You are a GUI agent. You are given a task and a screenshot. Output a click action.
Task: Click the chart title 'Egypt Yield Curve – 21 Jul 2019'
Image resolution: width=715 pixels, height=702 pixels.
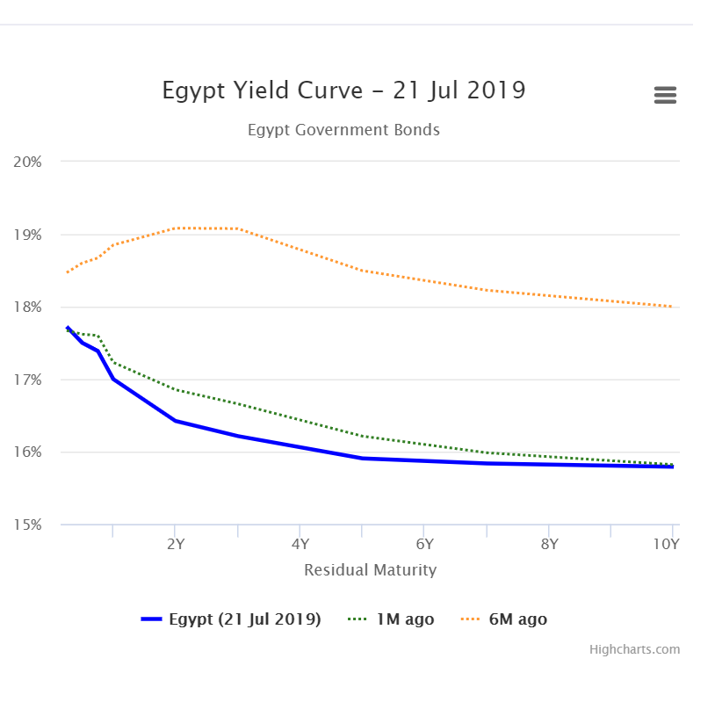point(343,90)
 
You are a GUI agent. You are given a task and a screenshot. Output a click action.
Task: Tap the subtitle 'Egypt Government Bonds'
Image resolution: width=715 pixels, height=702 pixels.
point(343,130)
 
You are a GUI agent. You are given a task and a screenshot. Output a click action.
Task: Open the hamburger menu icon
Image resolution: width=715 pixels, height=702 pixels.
point(665,96)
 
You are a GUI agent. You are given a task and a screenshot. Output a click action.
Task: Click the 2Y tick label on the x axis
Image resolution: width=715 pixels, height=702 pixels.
point(175,543)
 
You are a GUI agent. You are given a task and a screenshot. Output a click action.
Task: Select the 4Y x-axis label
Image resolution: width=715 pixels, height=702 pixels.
point(300,543)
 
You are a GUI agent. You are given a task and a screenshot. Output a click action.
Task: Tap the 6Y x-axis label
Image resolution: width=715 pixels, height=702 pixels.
point(423,543)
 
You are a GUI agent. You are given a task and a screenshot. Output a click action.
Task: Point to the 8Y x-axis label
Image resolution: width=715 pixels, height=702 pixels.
point(548,543)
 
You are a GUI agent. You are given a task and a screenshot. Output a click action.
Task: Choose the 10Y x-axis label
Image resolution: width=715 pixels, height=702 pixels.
point(668,543)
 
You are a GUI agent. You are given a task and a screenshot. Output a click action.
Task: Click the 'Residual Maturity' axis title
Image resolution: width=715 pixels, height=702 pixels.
point(370,570)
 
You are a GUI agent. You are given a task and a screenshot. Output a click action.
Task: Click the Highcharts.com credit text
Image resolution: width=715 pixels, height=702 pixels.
point(634,649)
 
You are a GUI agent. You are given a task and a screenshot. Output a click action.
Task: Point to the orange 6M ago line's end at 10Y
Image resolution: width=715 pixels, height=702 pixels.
point(672,307)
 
